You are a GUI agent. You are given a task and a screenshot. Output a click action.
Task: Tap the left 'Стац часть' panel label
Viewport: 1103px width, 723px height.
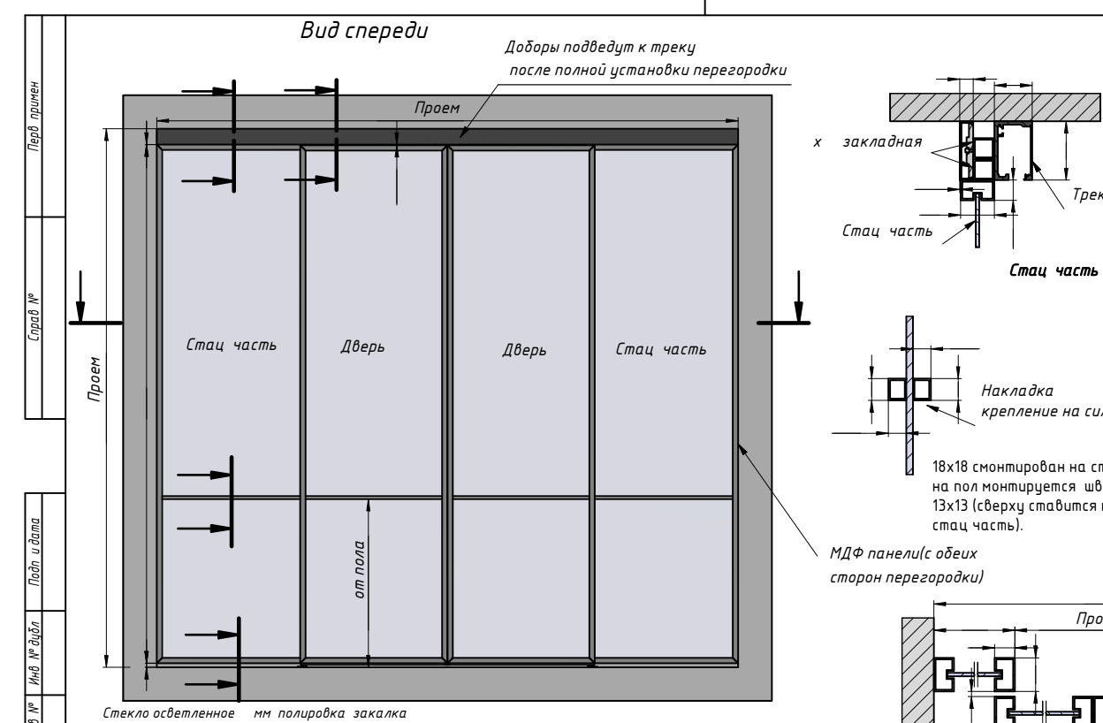[232, 346]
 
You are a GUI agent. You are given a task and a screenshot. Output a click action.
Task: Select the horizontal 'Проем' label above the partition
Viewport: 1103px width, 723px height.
[439, 108]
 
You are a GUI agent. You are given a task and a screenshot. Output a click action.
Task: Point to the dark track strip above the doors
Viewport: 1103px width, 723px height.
[447, 137]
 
